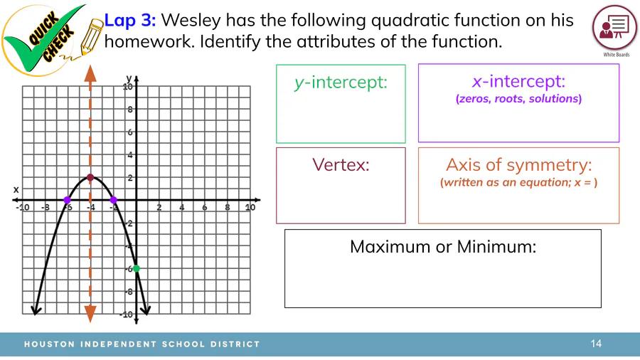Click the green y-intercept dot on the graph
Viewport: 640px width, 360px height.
(137, 268)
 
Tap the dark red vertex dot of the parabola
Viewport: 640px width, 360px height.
(90, 178)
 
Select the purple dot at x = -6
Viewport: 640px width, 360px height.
(68, 200)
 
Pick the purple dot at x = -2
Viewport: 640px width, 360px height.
(114, 200)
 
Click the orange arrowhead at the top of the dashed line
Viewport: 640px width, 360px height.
(90, 73)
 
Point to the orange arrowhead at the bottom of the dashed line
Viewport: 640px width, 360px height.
(90, 314)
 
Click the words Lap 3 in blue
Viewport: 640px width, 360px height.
(130, 21)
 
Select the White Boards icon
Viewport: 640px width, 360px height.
(614, 28)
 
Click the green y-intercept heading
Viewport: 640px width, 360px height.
(341, 83)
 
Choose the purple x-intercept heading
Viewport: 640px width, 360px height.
(519, 81)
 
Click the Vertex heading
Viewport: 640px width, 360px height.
(341, 165)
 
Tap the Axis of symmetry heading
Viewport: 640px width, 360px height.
(519, 165)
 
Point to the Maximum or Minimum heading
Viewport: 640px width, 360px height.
(443, 247)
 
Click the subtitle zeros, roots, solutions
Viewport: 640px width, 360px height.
(519, 99)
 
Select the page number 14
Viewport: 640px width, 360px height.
(596, 344)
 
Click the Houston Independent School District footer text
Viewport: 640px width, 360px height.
(142, 344)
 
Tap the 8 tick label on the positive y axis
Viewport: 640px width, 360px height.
(130, 110)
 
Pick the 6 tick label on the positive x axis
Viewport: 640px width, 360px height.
(205, 207)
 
